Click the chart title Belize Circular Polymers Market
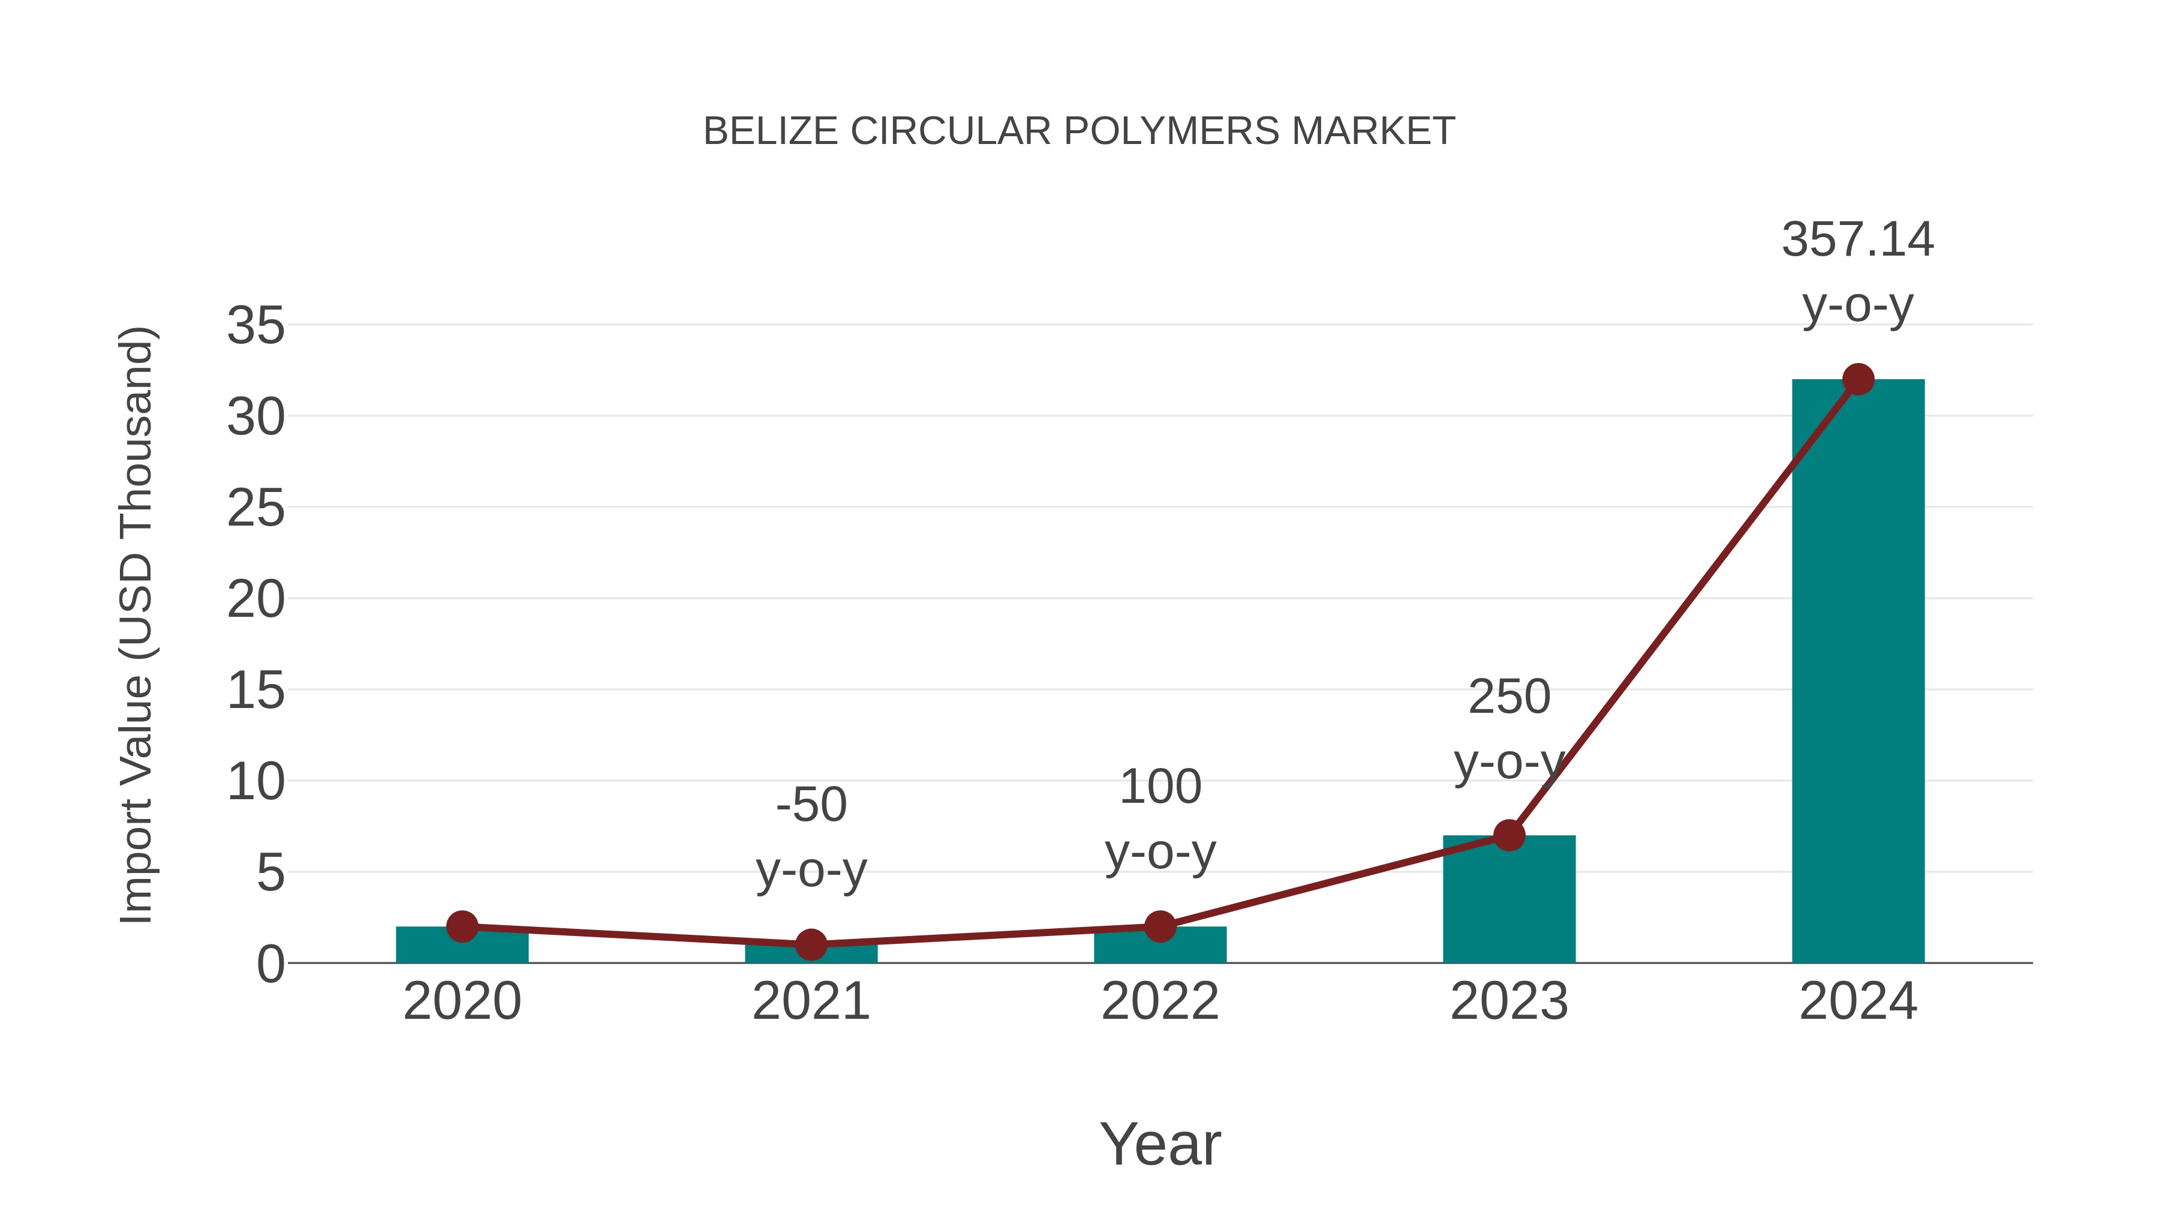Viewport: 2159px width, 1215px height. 1079,131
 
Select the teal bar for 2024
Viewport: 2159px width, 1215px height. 1857,671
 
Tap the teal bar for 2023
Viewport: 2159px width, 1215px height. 1509,901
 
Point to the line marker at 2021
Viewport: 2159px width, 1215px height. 810,945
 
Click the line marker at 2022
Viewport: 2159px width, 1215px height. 1160,926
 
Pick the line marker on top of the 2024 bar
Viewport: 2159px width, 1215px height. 1858,379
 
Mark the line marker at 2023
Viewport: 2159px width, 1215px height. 1509,835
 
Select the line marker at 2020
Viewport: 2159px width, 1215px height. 462,926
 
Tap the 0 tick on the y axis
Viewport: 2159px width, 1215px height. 270,964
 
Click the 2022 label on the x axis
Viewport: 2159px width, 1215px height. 1160,1001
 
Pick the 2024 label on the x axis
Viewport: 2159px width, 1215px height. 1857,1001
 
